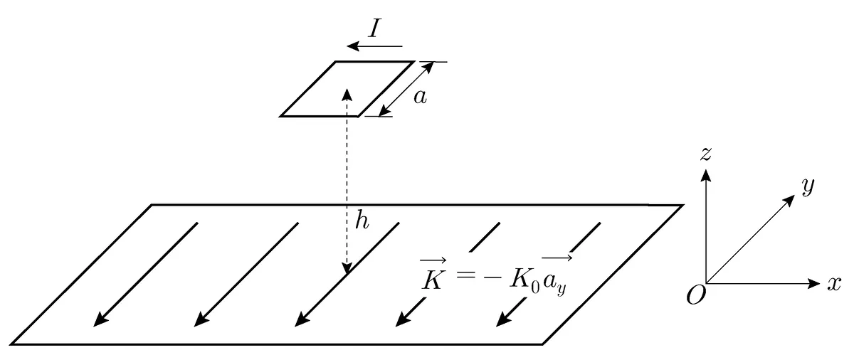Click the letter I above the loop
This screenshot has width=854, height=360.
(375, 28)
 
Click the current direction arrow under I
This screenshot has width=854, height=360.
(374, 46)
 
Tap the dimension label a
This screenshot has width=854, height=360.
(420, 97)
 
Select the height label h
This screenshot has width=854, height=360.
(362, 221)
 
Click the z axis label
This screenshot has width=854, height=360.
(706, 154)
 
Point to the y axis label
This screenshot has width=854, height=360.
(808, 187)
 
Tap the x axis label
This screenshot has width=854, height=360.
(834, 284)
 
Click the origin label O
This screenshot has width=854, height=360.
(696, 296)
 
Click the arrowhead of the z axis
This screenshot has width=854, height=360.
(706, 175)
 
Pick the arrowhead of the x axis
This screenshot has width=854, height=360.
(814, 283)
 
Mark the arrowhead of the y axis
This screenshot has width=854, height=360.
(789, 200)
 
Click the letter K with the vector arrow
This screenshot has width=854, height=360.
(433, 275)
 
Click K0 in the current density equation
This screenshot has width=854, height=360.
(525, 281)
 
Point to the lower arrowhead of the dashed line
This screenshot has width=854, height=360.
(347, 268)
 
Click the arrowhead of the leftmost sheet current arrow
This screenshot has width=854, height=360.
(101, 319)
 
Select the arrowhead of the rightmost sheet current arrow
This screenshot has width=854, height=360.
(504, 319)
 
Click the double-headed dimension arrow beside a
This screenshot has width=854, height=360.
(406, 89)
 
